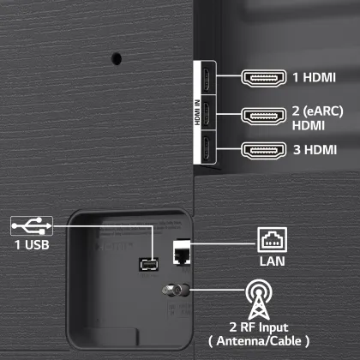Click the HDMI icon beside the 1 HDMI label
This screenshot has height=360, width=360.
tap(263, 78)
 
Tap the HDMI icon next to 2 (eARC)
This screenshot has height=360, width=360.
tap(263, 116)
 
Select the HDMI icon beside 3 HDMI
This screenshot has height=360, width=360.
tap(263, 150)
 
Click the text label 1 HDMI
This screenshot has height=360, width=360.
tap(314, 77)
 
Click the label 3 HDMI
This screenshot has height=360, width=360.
tap(315, 150)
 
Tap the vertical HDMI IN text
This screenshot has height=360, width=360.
tap(197, 112)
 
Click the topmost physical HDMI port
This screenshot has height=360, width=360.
tap(207, 78)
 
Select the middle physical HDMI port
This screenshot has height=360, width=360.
tap(207, 112)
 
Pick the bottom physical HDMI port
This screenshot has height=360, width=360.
tap(207, 147)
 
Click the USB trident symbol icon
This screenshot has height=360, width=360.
tap(32, 226)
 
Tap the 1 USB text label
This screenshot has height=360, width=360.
tap(32, 245)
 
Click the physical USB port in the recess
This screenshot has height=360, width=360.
tap(149, 265)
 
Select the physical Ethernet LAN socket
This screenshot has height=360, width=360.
tap(182, 253)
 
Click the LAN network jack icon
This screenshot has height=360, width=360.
tap(272, 240)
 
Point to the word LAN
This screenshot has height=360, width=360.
tap(272, 261)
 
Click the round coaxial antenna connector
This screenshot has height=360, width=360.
tap(176, 291)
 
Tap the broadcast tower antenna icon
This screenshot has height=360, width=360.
tap(259, 299)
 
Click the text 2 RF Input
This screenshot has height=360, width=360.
tap(259, 327)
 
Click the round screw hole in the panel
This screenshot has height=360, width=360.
tap(117, 58)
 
